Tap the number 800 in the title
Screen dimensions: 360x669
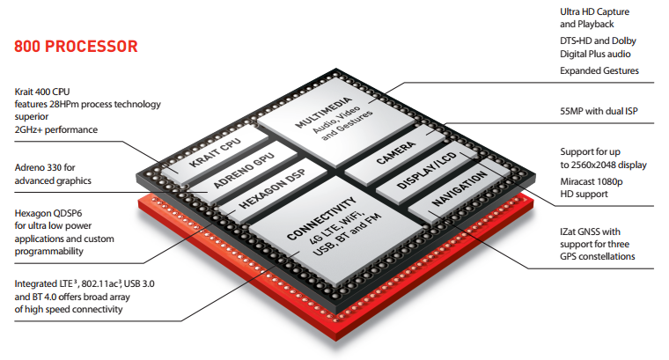point(27,46)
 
